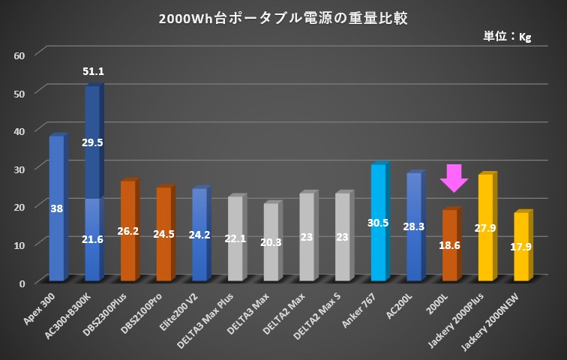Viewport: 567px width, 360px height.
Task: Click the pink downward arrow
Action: click(454, 178)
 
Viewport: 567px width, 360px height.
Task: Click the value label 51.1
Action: click(93, 72)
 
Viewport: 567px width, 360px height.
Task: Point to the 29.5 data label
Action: click(93, 142)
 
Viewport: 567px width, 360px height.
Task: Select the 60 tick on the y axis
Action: click(19, 55)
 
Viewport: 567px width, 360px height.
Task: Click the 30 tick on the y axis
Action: click(19, 169)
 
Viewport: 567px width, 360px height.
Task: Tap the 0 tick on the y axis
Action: click(22, 283)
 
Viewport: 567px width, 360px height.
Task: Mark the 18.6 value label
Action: click(450, 244)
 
